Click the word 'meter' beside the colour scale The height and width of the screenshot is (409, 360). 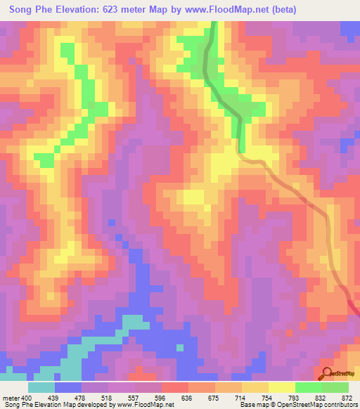[x=10, y=396]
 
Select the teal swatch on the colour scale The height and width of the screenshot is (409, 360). [x=41, y=387]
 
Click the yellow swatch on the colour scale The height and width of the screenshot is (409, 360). [x=281, y=387]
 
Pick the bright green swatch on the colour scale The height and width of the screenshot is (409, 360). [x=309, y=387]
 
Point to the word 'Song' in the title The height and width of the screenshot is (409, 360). [x=22, y=10]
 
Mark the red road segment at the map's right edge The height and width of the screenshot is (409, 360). [x=354, y=307]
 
